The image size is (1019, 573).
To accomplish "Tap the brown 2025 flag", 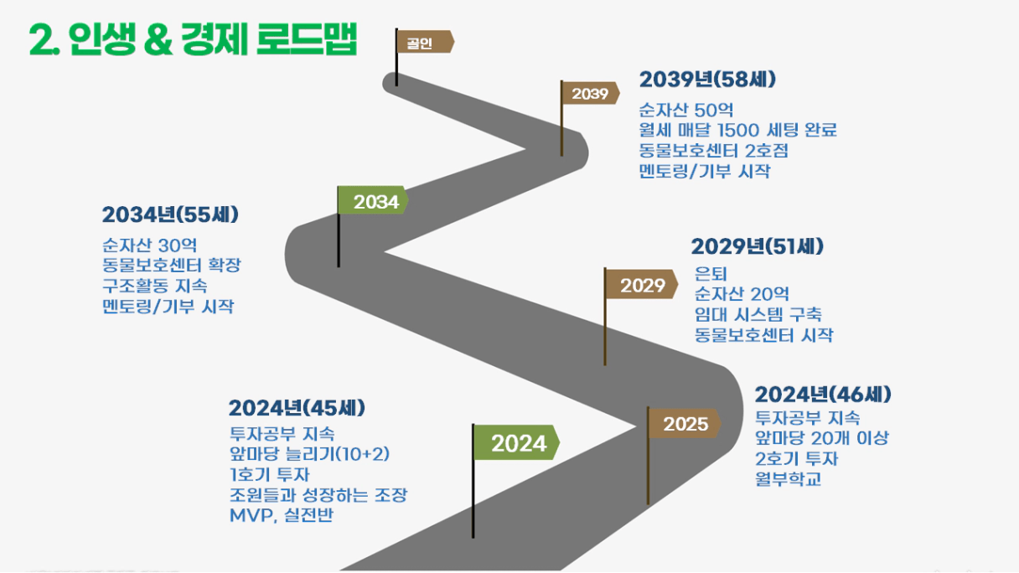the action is (685, 423).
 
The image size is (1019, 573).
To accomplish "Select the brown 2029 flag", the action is (641, 285).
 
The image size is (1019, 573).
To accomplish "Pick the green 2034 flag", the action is (373, 200).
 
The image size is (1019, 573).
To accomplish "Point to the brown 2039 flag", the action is (590, 93).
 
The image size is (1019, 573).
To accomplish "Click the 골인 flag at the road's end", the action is (424, 42).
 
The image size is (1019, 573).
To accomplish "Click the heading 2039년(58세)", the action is (707, 80).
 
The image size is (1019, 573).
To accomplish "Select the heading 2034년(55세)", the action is (170, 214).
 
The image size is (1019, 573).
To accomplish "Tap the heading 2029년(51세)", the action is (758, 246).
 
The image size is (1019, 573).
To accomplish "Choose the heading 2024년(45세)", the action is (297, 408).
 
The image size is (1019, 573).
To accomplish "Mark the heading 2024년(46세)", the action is (823, 395).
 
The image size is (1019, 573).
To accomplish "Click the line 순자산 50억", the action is (686, 110).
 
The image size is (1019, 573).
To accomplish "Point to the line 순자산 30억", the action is (150, 245).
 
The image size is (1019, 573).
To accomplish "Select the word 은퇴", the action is (711, 274).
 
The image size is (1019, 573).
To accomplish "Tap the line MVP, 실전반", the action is (282, 515).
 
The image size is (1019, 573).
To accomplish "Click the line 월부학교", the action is (789, 479).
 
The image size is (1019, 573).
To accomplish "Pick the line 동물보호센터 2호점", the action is (713, 151).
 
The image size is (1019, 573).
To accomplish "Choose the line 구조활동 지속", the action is (155, 286).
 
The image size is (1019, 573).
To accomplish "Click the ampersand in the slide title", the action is (158, 40).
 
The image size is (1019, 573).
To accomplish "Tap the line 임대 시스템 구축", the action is (758, 315).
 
